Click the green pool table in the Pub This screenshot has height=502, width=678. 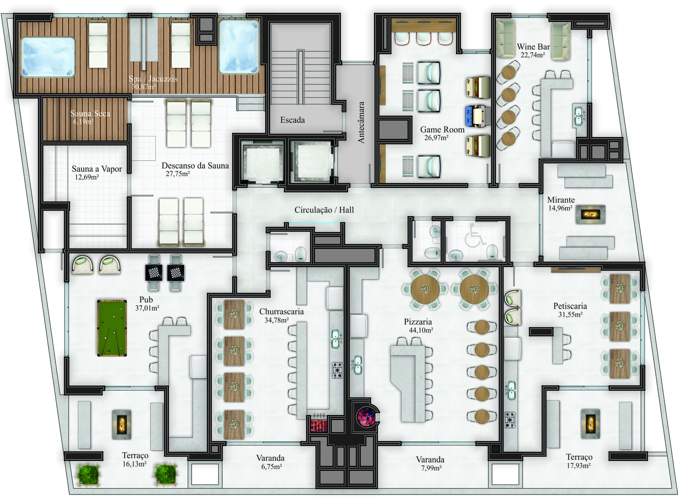(112, 328)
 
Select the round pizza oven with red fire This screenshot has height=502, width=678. (366, 416)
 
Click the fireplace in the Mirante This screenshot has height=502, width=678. (590, 214)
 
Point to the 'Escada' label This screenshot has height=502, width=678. (292, 120)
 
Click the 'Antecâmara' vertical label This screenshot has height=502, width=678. (361, 122)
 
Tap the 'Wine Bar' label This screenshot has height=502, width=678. (533, 47)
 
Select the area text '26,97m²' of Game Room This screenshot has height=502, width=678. (436, 138)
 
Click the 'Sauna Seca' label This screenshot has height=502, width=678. (90, 113)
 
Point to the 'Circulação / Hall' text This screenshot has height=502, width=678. (324, 210)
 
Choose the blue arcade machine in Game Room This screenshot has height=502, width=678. (478, 116)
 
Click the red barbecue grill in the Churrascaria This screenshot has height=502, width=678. (319, 423)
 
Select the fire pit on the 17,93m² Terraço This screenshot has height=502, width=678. (590, 424)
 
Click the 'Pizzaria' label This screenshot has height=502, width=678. (418, 322)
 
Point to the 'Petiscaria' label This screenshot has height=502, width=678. (570, 306)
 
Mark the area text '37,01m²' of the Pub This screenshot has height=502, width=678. (147, 308)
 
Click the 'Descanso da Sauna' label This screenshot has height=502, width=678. (195, 166)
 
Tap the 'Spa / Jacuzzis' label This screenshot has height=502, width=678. (153, 79)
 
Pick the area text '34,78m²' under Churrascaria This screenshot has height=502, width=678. (277, 320)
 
